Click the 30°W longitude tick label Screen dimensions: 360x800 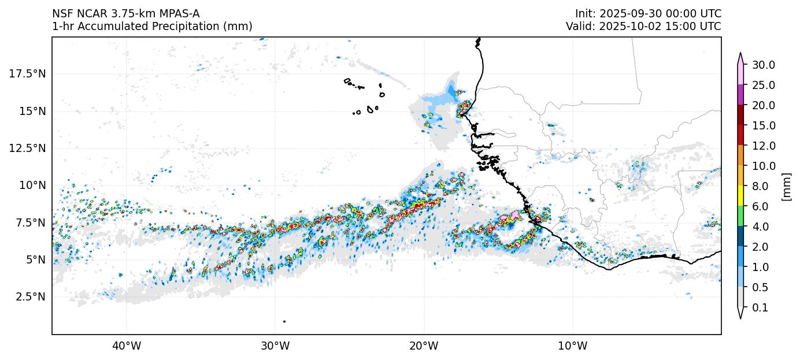(x=275, y=347)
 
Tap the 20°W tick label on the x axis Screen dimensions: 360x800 (x=424, y=347)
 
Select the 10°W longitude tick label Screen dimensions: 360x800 (x=573, y=347)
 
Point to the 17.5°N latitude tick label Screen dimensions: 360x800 (x=27, y=73)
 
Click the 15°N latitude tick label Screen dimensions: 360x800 (x=32, y=111)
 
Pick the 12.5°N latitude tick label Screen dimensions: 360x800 (x=27, y=148)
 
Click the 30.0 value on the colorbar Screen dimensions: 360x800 (x=763, y=65)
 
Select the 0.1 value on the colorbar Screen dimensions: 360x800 (x=761, y=308)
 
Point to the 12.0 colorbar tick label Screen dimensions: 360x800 (x=763, y=146)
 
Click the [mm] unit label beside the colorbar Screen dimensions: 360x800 (x=786, y=186)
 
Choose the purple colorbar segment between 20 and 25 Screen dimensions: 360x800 (x=740, y=95)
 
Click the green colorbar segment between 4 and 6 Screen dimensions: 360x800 (x=740, y=216)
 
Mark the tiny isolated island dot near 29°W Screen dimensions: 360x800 (x=284, y=321)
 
